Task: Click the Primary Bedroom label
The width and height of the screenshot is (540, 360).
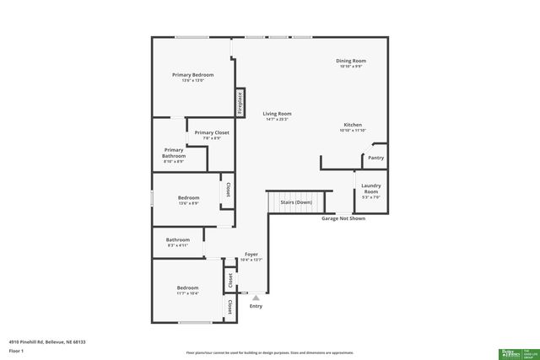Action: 193,75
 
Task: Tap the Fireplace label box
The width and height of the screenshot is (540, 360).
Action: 240,102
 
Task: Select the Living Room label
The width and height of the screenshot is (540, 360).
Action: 277,114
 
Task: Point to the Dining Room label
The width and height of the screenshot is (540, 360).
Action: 352,61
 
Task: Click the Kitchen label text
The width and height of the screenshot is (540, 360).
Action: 353,125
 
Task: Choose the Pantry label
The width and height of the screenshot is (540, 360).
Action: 375,158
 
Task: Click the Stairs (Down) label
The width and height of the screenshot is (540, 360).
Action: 296,202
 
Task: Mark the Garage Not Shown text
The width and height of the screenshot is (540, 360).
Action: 343,218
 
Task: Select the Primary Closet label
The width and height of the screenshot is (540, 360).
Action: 212,133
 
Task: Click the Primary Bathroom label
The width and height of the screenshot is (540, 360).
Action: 174,153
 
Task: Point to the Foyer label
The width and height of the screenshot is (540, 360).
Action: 251,254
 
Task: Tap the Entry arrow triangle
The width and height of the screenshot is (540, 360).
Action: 256,297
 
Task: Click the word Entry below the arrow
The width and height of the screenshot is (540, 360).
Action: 256,306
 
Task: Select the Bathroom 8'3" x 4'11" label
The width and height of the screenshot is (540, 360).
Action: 178,240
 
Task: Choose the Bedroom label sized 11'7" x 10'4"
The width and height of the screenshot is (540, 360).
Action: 187,288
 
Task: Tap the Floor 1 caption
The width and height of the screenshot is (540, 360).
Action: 16,350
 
